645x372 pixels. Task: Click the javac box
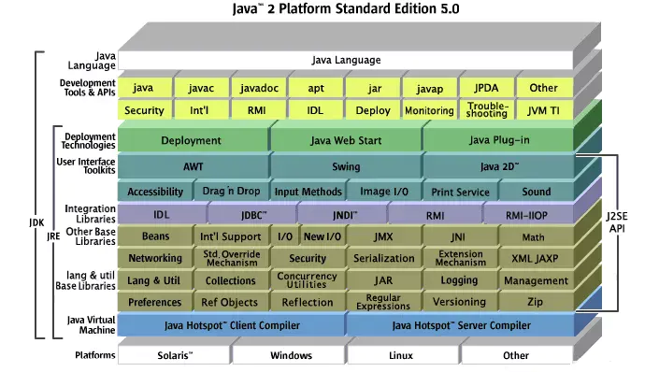pyautogui.click(x=200, y=88)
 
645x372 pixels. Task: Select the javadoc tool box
pyautogui.click(x=257, y=88)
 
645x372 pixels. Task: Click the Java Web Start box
pyautogui.click(x=344, y=141)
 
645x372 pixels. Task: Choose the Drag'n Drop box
pyautogui.click(x=229, y=192)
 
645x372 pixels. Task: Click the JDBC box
pyautogui.click(x=252, y=215)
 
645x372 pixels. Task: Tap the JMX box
pyautogui.click(x=383, y=236)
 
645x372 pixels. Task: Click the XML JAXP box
pyautogui.click(x=534, y=259)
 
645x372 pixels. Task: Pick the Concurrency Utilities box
pyautogui.click(x=307, y=280)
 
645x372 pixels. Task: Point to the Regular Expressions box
pyautogui.click(x=383, y=302)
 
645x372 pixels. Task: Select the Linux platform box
pyautogui.click(x=401, y=356)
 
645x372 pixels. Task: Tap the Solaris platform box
pyautogui.click(x=173, y=356)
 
